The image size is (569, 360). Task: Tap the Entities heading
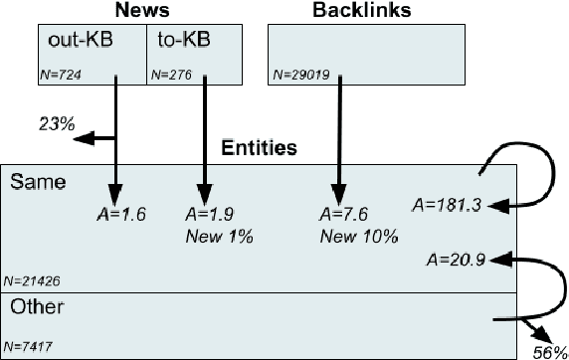point(259,149)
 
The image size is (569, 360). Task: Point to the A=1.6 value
point(117,214)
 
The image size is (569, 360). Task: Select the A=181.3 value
point(446,206)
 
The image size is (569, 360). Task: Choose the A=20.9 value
point(454,261)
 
